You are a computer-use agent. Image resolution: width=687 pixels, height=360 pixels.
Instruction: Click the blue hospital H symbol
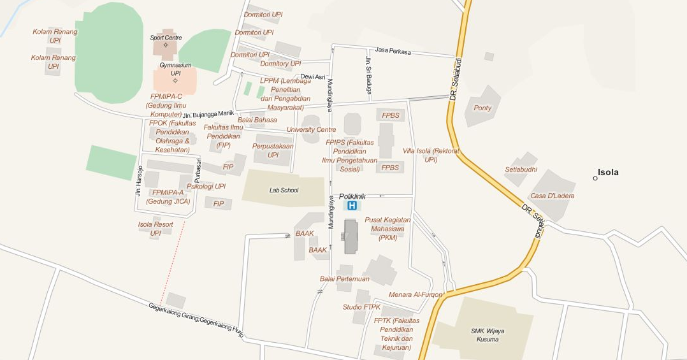351,206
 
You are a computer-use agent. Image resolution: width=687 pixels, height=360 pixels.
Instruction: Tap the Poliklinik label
352,196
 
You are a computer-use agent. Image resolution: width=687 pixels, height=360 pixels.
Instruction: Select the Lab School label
284,190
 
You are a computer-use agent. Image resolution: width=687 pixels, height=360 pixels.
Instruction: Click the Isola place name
608,173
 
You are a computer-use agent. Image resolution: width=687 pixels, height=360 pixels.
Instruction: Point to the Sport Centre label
166,38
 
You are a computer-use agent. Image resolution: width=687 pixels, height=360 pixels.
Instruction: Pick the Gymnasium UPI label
175,69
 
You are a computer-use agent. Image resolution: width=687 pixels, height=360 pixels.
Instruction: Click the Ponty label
482,108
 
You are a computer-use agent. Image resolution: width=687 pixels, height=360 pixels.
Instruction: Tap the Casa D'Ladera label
552,196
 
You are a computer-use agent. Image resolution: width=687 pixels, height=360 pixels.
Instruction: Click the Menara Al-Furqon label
416,294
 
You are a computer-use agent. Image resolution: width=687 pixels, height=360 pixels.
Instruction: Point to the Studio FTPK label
361,307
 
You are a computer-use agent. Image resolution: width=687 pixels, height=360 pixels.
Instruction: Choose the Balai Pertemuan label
344,278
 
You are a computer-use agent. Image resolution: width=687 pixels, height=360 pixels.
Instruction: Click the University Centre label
311,129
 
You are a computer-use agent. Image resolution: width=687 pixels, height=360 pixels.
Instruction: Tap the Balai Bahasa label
257,120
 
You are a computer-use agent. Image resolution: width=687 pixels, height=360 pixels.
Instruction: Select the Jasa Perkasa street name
393,50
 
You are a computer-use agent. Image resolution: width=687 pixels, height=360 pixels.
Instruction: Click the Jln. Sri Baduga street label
368,75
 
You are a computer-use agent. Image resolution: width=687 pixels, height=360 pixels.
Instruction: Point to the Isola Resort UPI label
155,229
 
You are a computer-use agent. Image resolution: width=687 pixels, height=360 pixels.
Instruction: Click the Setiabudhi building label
521,169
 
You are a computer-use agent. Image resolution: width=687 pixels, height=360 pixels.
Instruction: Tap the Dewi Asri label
312,76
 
